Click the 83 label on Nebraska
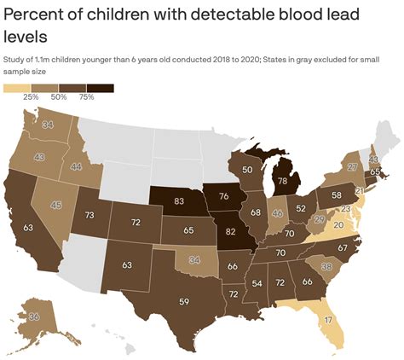[155, 200]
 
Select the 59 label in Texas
[159, 301]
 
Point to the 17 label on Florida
[329, 321]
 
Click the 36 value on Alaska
[34, 316]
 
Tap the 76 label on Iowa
[223, 197]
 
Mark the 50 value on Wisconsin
[247, 170]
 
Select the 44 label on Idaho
[76, 167]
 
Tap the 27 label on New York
[352, 167]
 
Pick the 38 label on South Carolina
[325, 266]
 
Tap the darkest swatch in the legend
[100, 88]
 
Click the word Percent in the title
[40, 15]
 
